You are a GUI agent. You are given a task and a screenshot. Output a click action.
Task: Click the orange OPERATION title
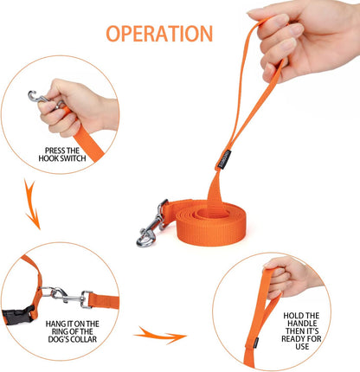click(x=158, y=34)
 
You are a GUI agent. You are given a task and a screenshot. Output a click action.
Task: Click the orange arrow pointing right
click(x=161, y=335)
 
